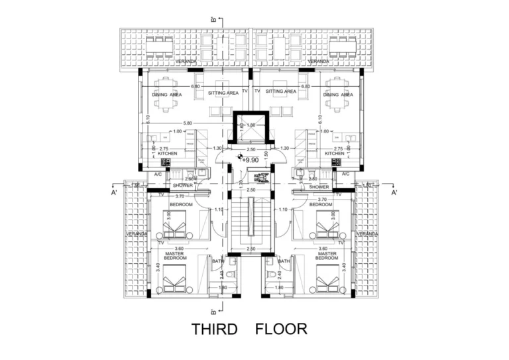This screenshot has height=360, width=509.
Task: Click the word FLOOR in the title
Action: pos(281,329)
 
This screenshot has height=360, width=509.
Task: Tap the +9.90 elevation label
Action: pos(250,160)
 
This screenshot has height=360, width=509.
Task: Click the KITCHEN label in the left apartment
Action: pos(167,154)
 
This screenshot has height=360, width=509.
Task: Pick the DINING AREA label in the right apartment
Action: pos(338,95)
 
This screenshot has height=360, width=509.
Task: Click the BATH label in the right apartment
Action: pos(284,261)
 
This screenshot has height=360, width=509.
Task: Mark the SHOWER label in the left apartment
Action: pos(182,186)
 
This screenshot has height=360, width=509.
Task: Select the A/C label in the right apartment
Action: pos(345,174)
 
